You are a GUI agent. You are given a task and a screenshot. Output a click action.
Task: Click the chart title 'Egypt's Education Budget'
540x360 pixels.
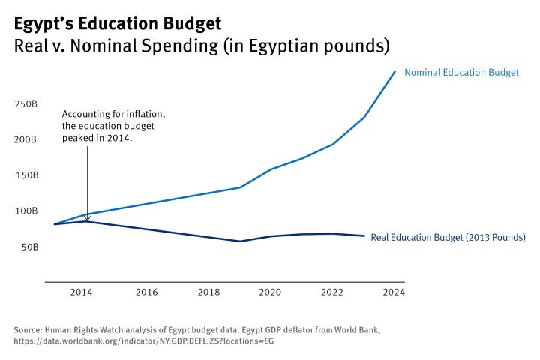click(118, 24)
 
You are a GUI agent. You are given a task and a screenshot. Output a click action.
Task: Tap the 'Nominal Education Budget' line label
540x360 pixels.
click(461, 73)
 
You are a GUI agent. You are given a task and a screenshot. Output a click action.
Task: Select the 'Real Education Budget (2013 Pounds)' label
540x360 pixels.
click(448, 237)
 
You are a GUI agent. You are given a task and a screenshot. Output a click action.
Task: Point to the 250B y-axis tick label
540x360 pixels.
click(26, 103)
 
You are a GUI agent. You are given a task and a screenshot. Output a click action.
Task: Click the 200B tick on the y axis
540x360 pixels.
click(26, 139)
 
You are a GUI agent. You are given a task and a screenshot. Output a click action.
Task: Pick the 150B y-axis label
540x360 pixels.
click(26, 175)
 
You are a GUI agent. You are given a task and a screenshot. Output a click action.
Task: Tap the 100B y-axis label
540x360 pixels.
click(26, 211)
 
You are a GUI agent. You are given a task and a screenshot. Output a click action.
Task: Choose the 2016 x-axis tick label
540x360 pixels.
click(146, 292)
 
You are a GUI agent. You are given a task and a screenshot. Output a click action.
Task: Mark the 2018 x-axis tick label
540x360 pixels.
click(208, 292)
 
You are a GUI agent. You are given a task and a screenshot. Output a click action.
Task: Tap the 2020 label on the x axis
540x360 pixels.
click(270, 292)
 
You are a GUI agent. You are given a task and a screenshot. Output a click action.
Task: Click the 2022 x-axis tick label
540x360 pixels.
click(332, 292)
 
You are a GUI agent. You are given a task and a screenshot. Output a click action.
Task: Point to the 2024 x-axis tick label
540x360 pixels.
click(393, 292)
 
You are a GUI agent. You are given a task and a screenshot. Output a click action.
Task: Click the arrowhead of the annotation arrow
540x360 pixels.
click(87, 218)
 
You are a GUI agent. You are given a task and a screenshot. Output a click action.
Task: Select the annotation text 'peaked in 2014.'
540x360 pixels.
click(97, 139)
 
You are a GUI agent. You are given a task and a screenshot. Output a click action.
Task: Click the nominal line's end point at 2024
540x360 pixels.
click(395, 72)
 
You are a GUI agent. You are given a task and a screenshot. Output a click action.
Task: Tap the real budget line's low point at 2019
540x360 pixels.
click(240, 241)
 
